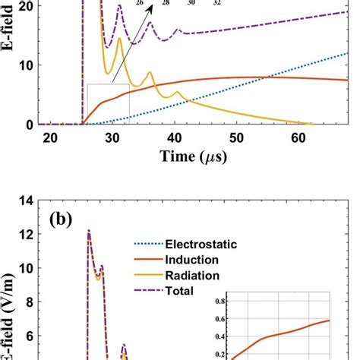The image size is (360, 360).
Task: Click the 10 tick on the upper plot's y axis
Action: click(x=27, y=65)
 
